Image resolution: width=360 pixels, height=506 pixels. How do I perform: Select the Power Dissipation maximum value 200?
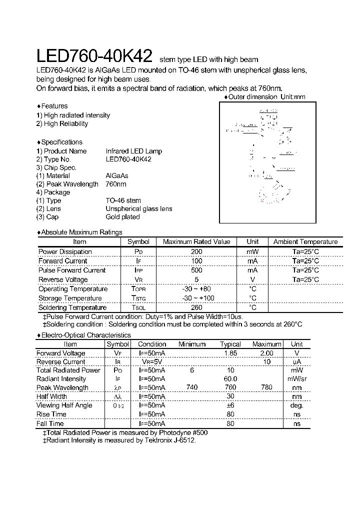click(x=196, y=251)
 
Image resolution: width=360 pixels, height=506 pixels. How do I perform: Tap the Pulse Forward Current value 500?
click(x=196, y=270)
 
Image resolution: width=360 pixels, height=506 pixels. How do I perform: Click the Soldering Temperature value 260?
click(x=196, y=307)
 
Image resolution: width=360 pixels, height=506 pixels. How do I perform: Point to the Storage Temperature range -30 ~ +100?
click(x=196, y=298)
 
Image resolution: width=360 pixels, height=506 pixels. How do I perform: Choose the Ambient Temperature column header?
click(x=305, y=242)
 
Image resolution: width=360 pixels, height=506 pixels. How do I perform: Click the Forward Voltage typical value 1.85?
click(x=230, y=353)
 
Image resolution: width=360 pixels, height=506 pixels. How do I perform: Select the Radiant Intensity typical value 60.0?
click(x=230, y=379)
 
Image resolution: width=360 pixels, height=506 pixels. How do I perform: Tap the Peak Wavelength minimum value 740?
click(x=192, y=387)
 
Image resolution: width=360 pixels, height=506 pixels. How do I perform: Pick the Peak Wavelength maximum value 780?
click(x=266, y=387)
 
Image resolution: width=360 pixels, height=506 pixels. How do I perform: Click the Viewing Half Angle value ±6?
click(x=230, y=405)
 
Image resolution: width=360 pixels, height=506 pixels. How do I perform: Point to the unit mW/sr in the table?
click(x=296, y=379)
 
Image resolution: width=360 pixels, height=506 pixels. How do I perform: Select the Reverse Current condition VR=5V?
click(x=152, y=362)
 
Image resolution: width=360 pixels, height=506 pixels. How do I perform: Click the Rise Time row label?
click(x=51, y=414)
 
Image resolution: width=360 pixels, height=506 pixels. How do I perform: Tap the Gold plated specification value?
click(x=122, y=217)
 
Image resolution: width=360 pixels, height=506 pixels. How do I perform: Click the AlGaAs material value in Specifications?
click(x=117, y=175)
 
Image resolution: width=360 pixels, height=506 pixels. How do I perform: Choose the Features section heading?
click(x=53, y=106)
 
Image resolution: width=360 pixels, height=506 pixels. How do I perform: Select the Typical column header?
click(x=230, y=344)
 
